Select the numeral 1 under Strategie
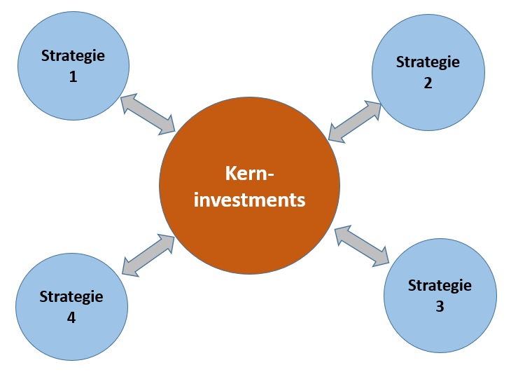coord(73,77)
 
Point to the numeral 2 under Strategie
coord(428,82)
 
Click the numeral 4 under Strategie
coord(71,317)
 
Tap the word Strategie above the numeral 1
coord(73,55)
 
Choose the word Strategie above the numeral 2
coord(428,61)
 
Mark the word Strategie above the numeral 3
coord(440,285)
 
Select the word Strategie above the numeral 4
coord(71,296)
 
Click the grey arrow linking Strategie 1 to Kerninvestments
coord(149,113)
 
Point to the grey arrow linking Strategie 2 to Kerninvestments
coord(355,120)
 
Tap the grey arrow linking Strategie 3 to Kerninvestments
coord(362,247)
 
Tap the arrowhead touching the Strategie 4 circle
coord(130,266)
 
